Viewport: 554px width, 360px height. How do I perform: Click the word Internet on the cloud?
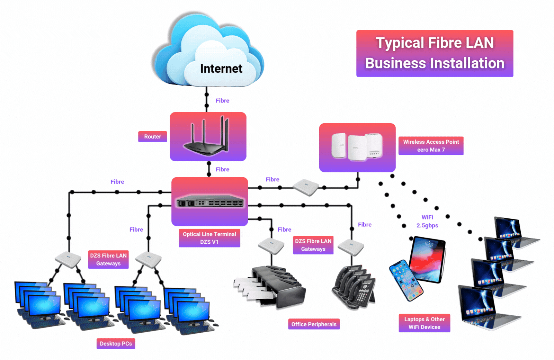(221, 69)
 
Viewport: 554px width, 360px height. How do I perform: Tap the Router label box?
(152, 136)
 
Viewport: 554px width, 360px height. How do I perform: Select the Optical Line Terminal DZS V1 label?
(209, 238)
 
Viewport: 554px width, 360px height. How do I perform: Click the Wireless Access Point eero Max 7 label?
(431, 146)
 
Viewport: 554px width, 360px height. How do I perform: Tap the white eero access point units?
(357, 146)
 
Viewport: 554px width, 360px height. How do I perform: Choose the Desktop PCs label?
(116, 343)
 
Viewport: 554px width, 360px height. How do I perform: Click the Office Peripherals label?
(314, 324)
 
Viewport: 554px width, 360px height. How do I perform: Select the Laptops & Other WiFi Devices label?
(425, 323)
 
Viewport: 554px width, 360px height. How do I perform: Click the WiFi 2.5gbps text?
(427, 221)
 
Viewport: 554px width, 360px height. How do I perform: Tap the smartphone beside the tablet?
(405, 280)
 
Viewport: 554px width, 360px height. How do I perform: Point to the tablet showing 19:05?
(427, 260)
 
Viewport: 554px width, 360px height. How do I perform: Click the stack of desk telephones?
(354, 287)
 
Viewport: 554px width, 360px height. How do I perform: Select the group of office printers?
(270, 287)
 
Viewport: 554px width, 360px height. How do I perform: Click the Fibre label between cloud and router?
(222, 101)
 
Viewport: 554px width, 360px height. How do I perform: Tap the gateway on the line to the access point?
(306, 187)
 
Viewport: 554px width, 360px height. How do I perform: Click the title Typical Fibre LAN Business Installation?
(435, 53)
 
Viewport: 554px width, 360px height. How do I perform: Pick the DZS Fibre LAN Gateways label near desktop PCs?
(108, 259)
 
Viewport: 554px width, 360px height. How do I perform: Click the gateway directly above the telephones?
(351, 247)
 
